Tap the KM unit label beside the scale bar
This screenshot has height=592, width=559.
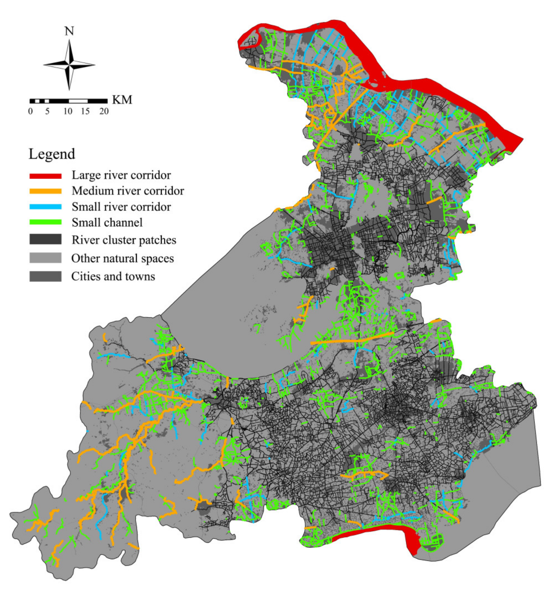pos(122,100)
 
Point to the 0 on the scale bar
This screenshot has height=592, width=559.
pos(30,111)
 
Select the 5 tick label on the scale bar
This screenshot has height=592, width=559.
pos(47,111)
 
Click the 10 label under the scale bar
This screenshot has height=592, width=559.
pos(68,111)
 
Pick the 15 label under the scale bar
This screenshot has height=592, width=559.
pos(85,111)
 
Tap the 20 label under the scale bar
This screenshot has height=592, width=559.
pos(104,111)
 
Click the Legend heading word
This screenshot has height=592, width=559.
pos(52,154)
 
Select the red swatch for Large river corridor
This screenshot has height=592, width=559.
pos(45,176)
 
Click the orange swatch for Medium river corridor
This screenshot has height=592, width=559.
pos(45,191)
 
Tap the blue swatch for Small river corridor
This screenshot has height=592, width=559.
pos(45,207)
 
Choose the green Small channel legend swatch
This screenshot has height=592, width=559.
pos(45,222)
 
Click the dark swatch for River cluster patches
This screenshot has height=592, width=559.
pos(45,240)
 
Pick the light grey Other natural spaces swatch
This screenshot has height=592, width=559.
pos(45,258)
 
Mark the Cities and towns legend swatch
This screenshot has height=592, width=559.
pos(45,276)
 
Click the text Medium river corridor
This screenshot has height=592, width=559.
pos(128,191)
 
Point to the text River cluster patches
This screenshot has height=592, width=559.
pos(124,240)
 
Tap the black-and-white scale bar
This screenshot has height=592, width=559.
pos(68,101)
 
